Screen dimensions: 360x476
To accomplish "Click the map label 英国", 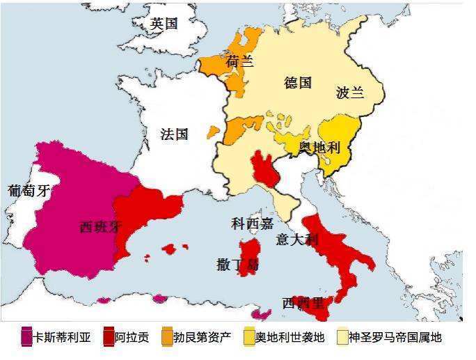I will [164, 24].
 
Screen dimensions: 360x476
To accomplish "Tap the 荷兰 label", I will [239, 62].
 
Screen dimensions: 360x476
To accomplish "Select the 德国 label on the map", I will [298, 83].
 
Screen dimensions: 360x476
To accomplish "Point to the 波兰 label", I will [349, 93].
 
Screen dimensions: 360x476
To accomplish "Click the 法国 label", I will [174, 134].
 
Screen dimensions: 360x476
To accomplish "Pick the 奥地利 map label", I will [319, 148].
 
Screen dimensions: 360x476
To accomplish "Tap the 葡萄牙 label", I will [29, 190].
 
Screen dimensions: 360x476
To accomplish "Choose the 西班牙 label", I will [102, 227].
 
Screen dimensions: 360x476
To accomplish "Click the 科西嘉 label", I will [252, 224].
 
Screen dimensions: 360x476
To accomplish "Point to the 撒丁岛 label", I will [238, 265].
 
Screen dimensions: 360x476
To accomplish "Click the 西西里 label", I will [303, 303].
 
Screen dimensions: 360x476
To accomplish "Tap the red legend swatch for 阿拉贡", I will [109, 338].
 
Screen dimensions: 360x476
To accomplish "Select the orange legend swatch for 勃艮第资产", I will [168, 338].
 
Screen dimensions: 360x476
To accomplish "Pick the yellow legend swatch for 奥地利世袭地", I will [249, 338].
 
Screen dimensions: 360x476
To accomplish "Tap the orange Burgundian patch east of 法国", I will [239, 129].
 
